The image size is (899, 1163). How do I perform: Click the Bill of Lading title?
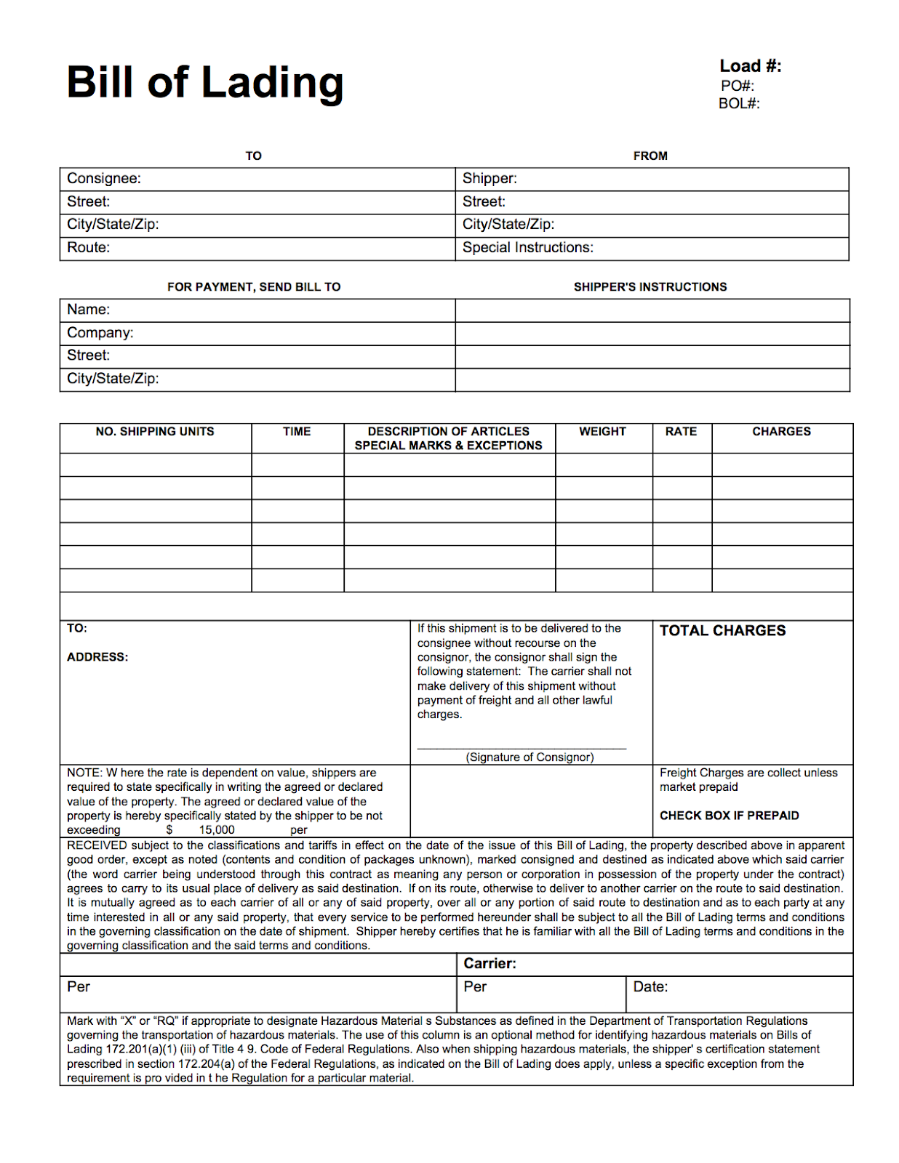204,82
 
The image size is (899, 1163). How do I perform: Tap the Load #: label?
750,66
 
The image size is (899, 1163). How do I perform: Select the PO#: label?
738,86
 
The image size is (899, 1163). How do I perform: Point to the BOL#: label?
739,104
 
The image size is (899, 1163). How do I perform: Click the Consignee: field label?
104,179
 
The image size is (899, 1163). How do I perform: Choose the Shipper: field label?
490,179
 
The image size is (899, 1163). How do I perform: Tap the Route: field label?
89,248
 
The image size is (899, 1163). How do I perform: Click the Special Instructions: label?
528,248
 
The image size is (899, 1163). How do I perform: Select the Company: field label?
100,333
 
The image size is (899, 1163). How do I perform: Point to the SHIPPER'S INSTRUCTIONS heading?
650,287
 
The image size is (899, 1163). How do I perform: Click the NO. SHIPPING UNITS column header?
155,432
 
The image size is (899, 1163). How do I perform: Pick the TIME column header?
297,432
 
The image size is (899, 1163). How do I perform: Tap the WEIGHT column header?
602,432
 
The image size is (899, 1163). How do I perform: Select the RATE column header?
681,432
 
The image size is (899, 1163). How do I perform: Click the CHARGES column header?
781,432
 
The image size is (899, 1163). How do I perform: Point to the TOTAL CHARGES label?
722,631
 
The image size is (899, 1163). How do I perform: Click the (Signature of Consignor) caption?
530,757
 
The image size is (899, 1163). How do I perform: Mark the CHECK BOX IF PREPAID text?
729,816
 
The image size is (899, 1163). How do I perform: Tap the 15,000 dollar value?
217,830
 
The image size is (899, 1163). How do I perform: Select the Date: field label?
650,987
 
